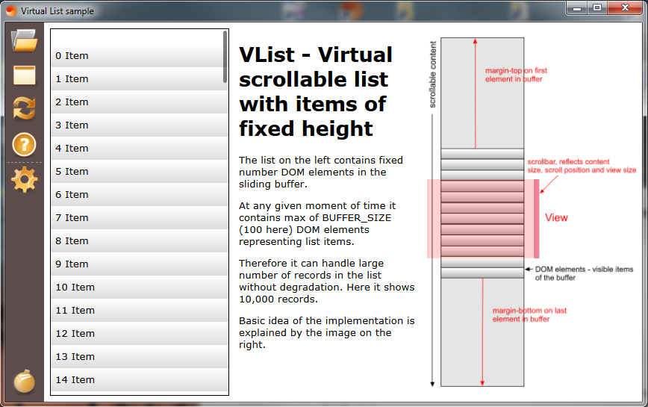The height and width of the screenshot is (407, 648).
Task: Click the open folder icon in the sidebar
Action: pyautogui.click(x=25, y=40)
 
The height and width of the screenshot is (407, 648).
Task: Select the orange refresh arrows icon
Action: pyautogui.click(x=25, y=108)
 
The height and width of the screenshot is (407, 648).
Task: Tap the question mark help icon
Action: pyautogui.click(x=25, y=144)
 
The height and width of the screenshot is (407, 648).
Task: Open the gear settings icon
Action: pyautogui.click(x=25, y=180)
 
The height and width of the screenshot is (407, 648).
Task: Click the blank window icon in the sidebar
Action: pyautogui.click(x=25, y=75)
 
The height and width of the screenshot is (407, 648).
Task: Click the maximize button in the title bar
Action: pyautogui.click(x=597, y=7)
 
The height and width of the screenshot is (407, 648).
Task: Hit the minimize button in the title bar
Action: pyautogui.click(x=577, y=7)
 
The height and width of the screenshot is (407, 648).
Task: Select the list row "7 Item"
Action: pyautogui.click(x=140, y=217)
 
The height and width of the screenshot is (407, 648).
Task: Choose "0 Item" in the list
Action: pyautogui.click(x=140, y=55)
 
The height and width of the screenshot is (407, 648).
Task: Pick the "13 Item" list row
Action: pyautogui.click(x=140, y=356)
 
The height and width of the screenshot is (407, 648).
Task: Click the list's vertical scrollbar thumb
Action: pyautogui.click(x=225, y=57)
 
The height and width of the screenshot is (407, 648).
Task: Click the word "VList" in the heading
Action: pyautogui.click(x=267, y=55)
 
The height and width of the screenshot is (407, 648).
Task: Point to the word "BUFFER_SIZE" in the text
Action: pyautogui.click(x=357, y=218)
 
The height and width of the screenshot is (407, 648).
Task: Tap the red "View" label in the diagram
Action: pyautogui.click(x=556, y=218)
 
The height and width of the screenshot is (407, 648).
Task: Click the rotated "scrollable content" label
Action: pyautogui.click(x=433, y=75)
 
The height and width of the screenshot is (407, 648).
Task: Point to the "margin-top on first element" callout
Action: pyautogui.click(x=516, y=75)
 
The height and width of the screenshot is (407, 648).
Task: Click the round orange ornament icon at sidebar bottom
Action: pyautogui.click(x=25, y=381)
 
